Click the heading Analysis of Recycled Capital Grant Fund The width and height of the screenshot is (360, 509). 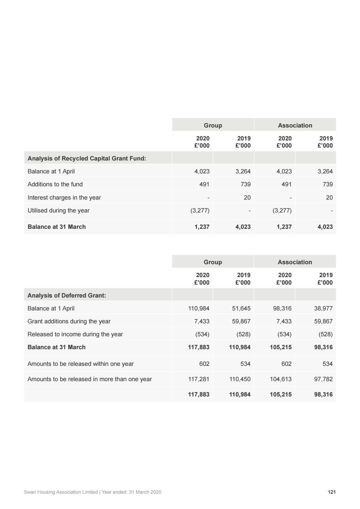click(87, 158)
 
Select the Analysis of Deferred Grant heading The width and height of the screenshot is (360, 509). click(67, 295)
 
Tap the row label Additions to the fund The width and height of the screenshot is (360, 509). click(55, 184)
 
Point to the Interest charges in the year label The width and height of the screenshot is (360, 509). click(64, 198)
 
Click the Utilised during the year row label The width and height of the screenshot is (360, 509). click(58, 210)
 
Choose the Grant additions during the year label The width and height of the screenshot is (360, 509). click(69, 321)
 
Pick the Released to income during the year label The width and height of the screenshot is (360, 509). click(75, 334)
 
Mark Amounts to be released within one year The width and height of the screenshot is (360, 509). click(81, 364)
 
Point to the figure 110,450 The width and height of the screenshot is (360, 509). click(240, 379)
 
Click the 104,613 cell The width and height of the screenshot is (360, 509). click(281, 379)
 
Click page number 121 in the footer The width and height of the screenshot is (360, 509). click(332, 492)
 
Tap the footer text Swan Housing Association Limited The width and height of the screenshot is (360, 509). click(61, 492)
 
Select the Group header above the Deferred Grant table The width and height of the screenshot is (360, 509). click(213, 262)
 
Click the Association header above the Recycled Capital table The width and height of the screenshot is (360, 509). click(295, 125)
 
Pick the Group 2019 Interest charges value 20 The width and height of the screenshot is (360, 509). click(247, 198)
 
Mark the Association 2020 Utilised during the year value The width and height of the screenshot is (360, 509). click(282, 210)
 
